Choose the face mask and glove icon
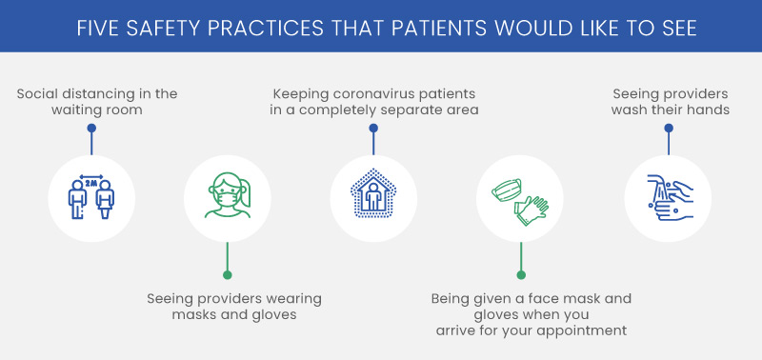(x=519, y=195)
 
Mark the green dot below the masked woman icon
(x=227, y=275)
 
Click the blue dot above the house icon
(x=373, y=150)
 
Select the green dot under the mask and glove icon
(x=520, y=275)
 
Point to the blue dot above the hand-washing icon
(x=668, y=150)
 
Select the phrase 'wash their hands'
(x=671, y=110)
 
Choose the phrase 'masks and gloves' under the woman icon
(x=233, y=314)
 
